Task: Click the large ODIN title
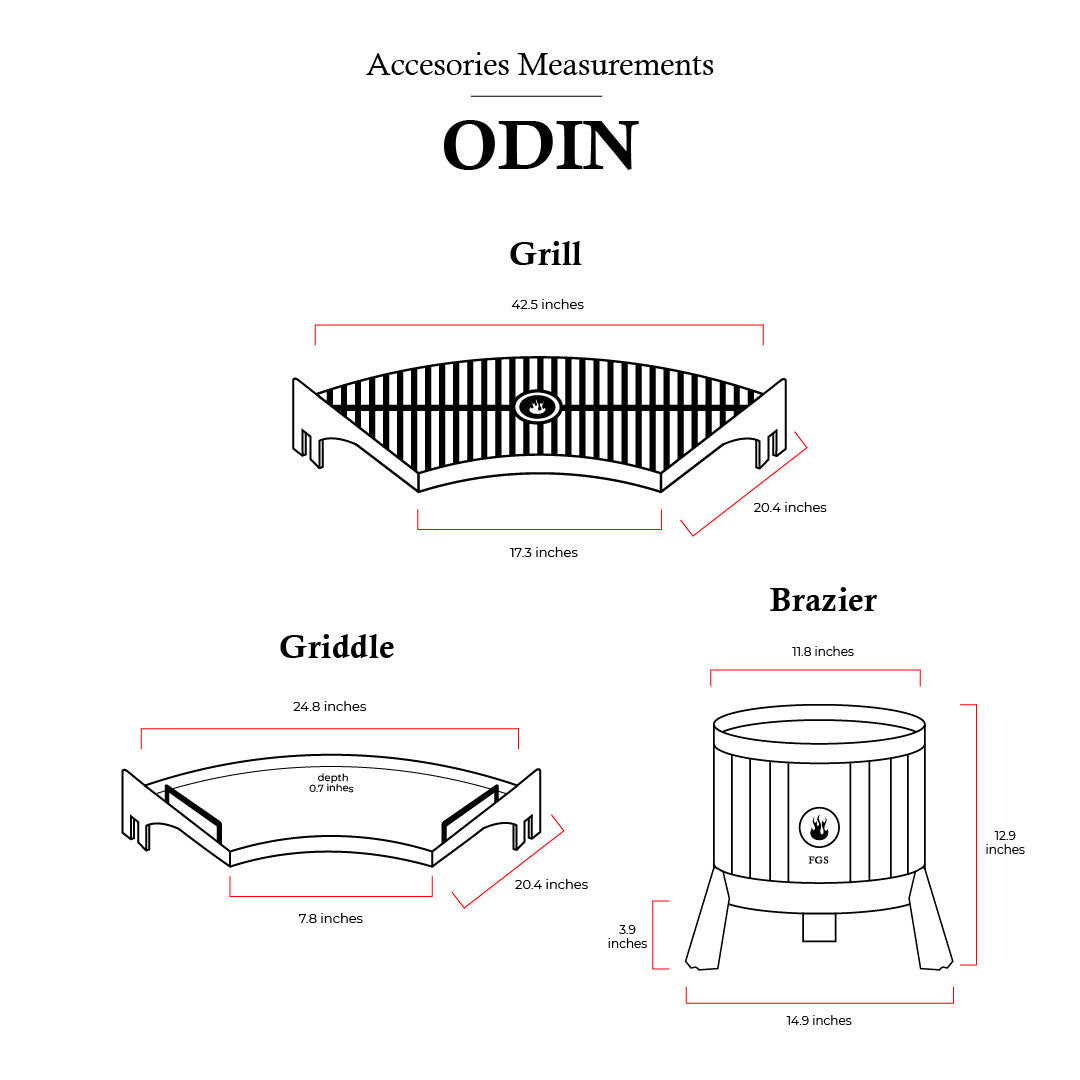pyautogui.click(x=540, y=146)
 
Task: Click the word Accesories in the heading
pyautogui.click(x=436, y=65)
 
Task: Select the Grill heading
pyautogui.click(x=545, y=253)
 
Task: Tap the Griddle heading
pyautogui.click(x=337, y=646)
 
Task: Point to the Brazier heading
pyautogui.click(x=823, y=600)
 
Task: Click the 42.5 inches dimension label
pyautogui.click(x=547, y=304)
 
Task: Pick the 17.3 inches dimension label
pyautogui.click(x=543, y=552)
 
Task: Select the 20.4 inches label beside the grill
pyautogui.click(x=790, y=507)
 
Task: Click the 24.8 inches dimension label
pyautogui.click(x=329, y=706)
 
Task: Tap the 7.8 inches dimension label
pyautogui.click(x=330, y=918)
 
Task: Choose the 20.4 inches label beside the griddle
pyautogui.click(x=551, y=884)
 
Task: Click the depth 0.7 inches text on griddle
pyautogui.click(x=332, y=783)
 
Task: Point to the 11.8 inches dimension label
pyautogui.click(x=823, y=651)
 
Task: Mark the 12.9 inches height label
pyautogui.click(x=1005, y=842)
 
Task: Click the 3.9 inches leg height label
pyautogui.click(x=627, y=936)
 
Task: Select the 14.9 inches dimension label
pyautogui.click(x=819, y=1020)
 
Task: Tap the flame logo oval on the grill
pyautogui.click(x=538, y=407)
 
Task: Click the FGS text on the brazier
pyautogui.click(x=819, y=860)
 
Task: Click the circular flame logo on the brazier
pyautogui.click(x=819, y=828)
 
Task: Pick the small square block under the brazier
pyautogui.click(x=819, y=928)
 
